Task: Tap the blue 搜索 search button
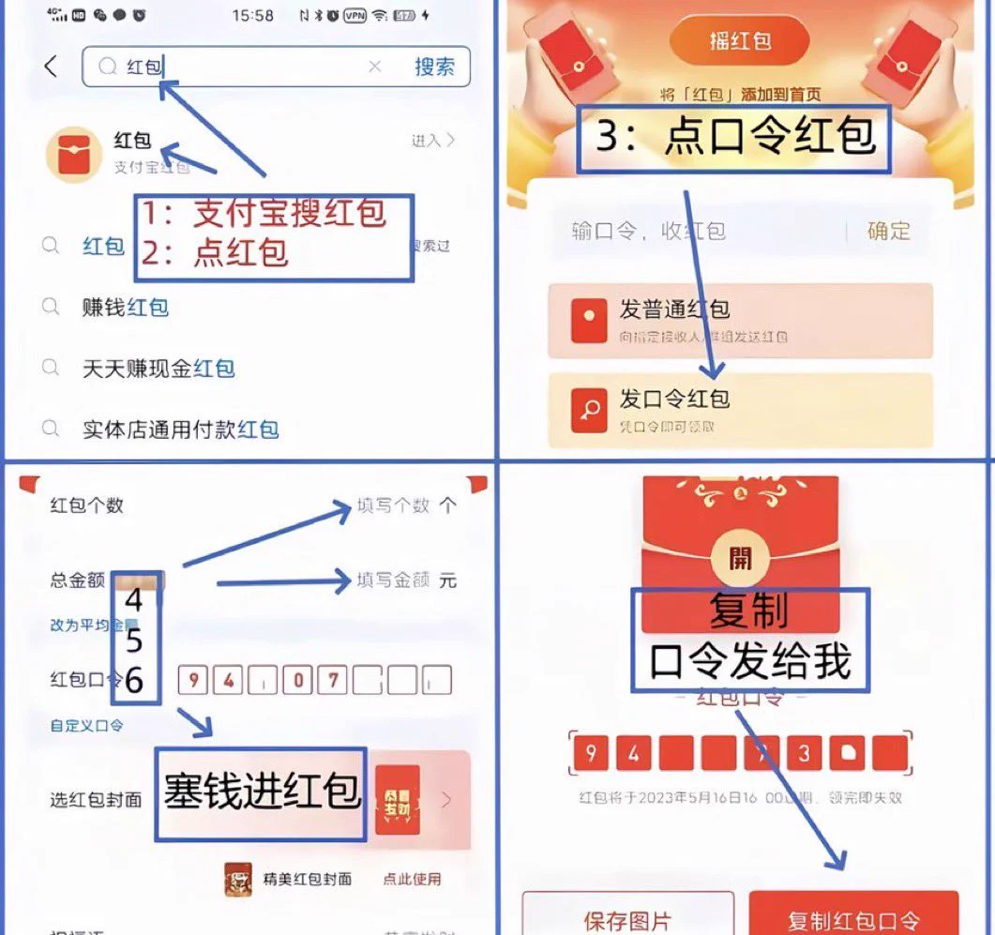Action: pos(434,67)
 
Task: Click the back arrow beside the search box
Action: pos(52,67)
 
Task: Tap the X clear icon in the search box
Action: pos(374,67)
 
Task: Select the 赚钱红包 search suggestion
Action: pos(125,307)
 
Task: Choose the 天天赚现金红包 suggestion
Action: pos(158,369)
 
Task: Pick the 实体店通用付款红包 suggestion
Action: pos(180,430)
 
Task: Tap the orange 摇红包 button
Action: pos(739,43)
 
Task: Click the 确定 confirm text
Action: pos(888,231)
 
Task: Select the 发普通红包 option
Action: pos(740,320)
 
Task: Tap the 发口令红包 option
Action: pos(740,409)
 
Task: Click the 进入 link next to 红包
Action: pos(432,141)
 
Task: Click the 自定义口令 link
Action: pos(86,725)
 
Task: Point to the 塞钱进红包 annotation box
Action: pos(261,792)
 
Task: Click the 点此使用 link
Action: pos(412,879)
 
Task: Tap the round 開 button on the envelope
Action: pos(740,559)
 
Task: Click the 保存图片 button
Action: pos(627,917)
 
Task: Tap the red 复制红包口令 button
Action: pos(853,917)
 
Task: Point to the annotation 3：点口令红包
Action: pos(734,138)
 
